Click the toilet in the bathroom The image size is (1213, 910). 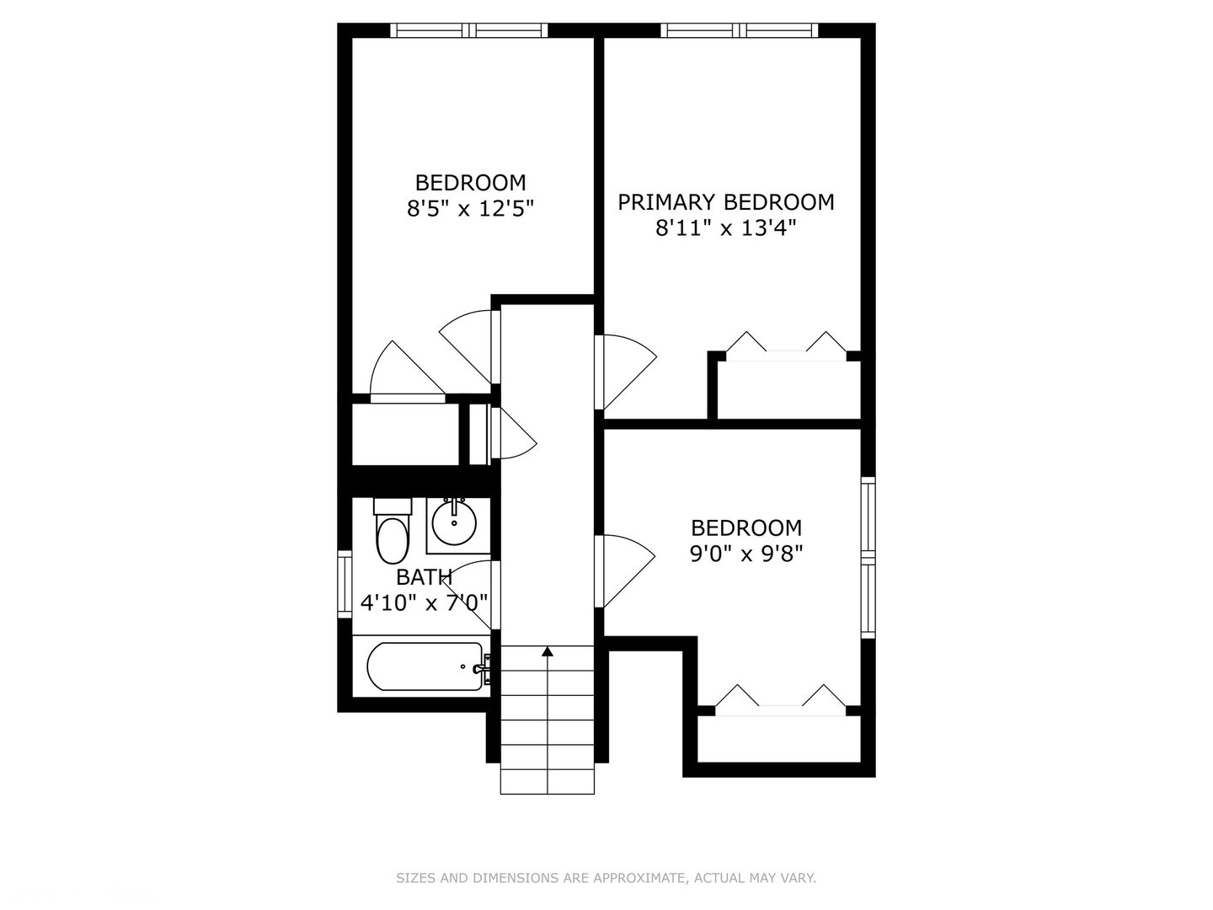pos(392,539)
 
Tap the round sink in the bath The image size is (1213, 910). pos(454,523)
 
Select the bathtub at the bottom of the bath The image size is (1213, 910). pos(425,666)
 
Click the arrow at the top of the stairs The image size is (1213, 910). pos(548,650)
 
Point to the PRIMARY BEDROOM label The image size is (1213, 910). pos(725,202)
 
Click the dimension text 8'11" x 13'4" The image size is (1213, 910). pos(725,227)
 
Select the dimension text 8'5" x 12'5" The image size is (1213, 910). pos(470,208)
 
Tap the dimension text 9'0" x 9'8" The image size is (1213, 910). pos(745,554)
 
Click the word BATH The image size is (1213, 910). pos(424,577)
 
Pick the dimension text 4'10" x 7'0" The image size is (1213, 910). pos(424,602)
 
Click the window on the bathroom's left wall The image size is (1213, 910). pos(345,583)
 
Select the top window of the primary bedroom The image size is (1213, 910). pos(739,30)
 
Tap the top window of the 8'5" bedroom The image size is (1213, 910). pos(468,30)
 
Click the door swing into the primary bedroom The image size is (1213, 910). pos(625,371)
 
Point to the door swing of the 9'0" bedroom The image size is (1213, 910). pos(625,570)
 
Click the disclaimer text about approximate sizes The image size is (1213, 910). pos(606,878)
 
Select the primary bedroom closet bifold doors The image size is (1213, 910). pos(785,346)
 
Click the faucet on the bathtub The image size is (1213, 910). pos(481,668)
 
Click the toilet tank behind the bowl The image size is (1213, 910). pos(392,506)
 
